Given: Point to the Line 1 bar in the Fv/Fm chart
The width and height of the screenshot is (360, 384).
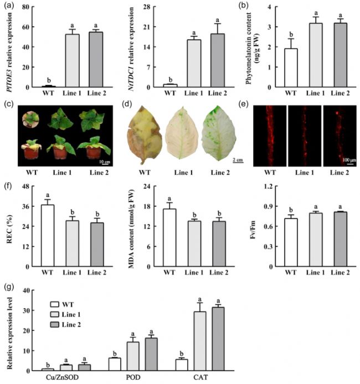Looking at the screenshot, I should point(316,241).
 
